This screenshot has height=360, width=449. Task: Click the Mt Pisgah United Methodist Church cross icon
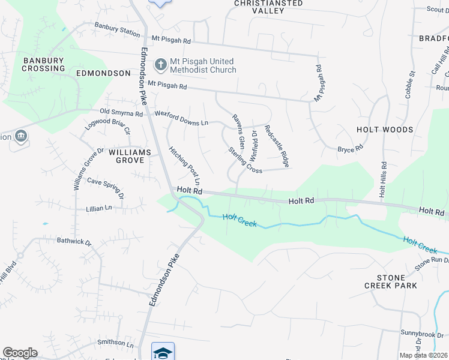coord(160,64)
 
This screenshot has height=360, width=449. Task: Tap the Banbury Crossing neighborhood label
coord(44,64)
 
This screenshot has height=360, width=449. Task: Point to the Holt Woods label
coord(385,130)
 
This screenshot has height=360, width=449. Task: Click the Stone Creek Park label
coord(390,282)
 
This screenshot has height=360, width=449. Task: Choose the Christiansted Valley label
coord(268,7)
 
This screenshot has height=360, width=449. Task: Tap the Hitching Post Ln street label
coord(184,166)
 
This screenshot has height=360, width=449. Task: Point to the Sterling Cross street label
coord(245,160)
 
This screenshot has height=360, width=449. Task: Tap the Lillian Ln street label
coord(100,208)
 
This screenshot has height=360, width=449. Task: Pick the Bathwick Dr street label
coord(74,242)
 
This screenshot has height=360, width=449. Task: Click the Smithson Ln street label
coord(116,344)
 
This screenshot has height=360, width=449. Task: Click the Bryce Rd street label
coord(351,148)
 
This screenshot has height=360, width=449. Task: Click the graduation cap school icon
coord(163,352)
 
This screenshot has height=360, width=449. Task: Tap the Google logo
coord(20,353)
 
